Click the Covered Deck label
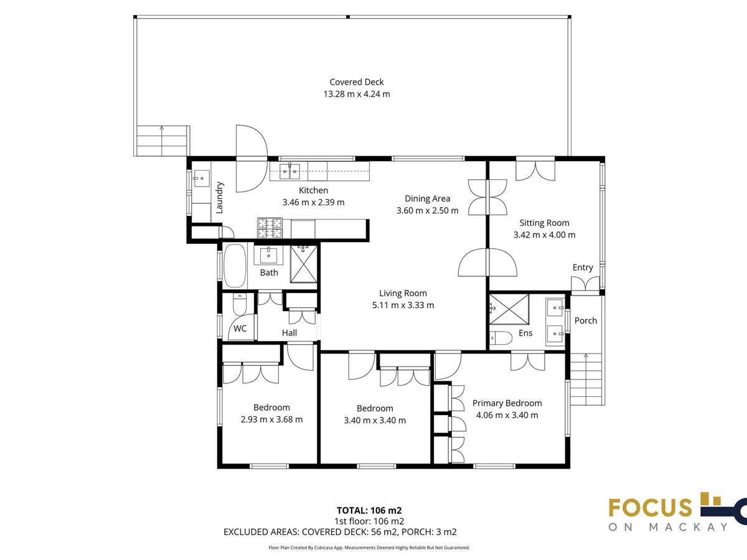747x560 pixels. pos(356,82)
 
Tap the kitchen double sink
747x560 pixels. pos(289,171)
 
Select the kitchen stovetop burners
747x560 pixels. pos(270,228)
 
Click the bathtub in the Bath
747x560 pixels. pos(235,266)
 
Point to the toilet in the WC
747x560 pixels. pos(240,304)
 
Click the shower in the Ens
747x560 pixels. pos(509,309)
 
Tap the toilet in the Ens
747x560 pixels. pos(501,338)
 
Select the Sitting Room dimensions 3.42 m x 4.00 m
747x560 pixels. pos(544,235)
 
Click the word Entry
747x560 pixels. pos(583,268)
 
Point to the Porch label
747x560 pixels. pos(586,320)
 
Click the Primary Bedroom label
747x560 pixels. pos(507,403)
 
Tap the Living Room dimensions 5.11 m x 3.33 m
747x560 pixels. pos(403,306)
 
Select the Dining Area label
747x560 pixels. pos(428,198)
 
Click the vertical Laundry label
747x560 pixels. pos(220,197)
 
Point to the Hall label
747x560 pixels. pos(289,333)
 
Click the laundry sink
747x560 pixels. pos(202,178)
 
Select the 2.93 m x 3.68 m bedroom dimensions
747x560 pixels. pos(271,419)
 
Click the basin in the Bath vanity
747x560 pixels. pos(269,255)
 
